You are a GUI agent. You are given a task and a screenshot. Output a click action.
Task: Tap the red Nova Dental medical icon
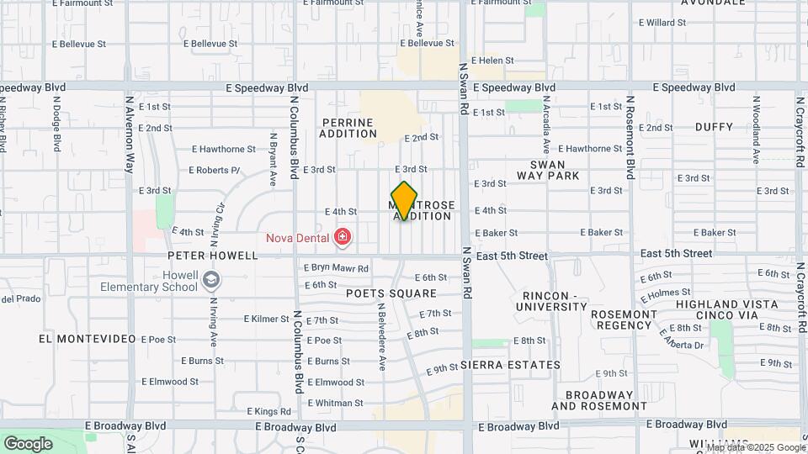(342, 238)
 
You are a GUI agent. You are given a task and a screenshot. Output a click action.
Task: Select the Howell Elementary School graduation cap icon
(212, 280)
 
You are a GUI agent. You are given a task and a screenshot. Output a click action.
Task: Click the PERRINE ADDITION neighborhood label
(348, 128)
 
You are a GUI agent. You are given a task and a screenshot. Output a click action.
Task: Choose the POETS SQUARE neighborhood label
(391, 293)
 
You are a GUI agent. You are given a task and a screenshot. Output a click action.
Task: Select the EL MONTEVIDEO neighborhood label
(88, 338)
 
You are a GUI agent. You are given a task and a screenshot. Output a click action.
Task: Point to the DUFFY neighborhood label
(714, 127)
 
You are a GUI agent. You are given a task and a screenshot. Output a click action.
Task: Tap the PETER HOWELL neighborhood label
(212, 255)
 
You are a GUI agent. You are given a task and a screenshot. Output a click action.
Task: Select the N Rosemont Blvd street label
(629, 137)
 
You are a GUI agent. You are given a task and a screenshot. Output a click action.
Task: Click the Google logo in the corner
(28, 443)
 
